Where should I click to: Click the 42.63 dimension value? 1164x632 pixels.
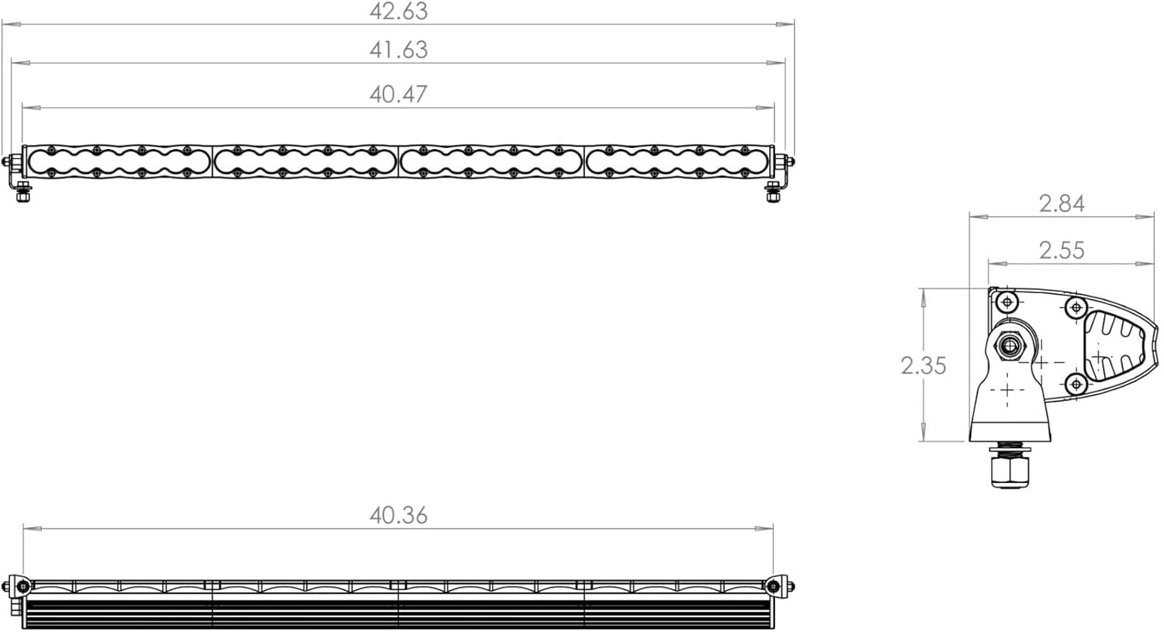coord(399,12)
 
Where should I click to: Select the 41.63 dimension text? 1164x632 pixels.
coord(399,50)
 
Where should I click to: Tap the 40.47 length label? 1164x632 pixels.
coord(399,95)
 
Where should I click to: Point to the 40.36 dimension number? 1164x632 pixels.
coord(399,515)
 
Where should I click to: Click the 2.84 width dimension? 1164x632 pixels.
coord(1062,204)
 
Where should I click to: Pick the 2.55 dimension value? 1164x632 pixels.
coord(1062,250)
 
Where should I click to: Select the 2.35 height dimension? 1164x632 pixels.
coord(923,365)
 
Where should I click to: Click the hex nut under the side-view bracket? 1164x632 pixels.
coord(1010,472)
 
